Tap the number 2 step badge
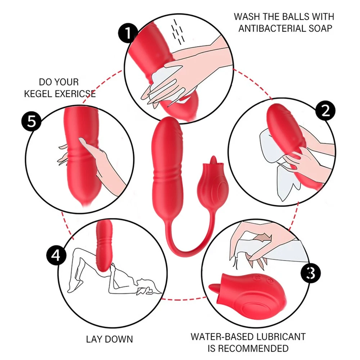(325, 111)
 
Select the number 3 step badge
(310, 273)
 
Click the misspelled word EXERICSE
(76, 94)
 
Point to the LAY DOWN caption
(109, 339)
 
